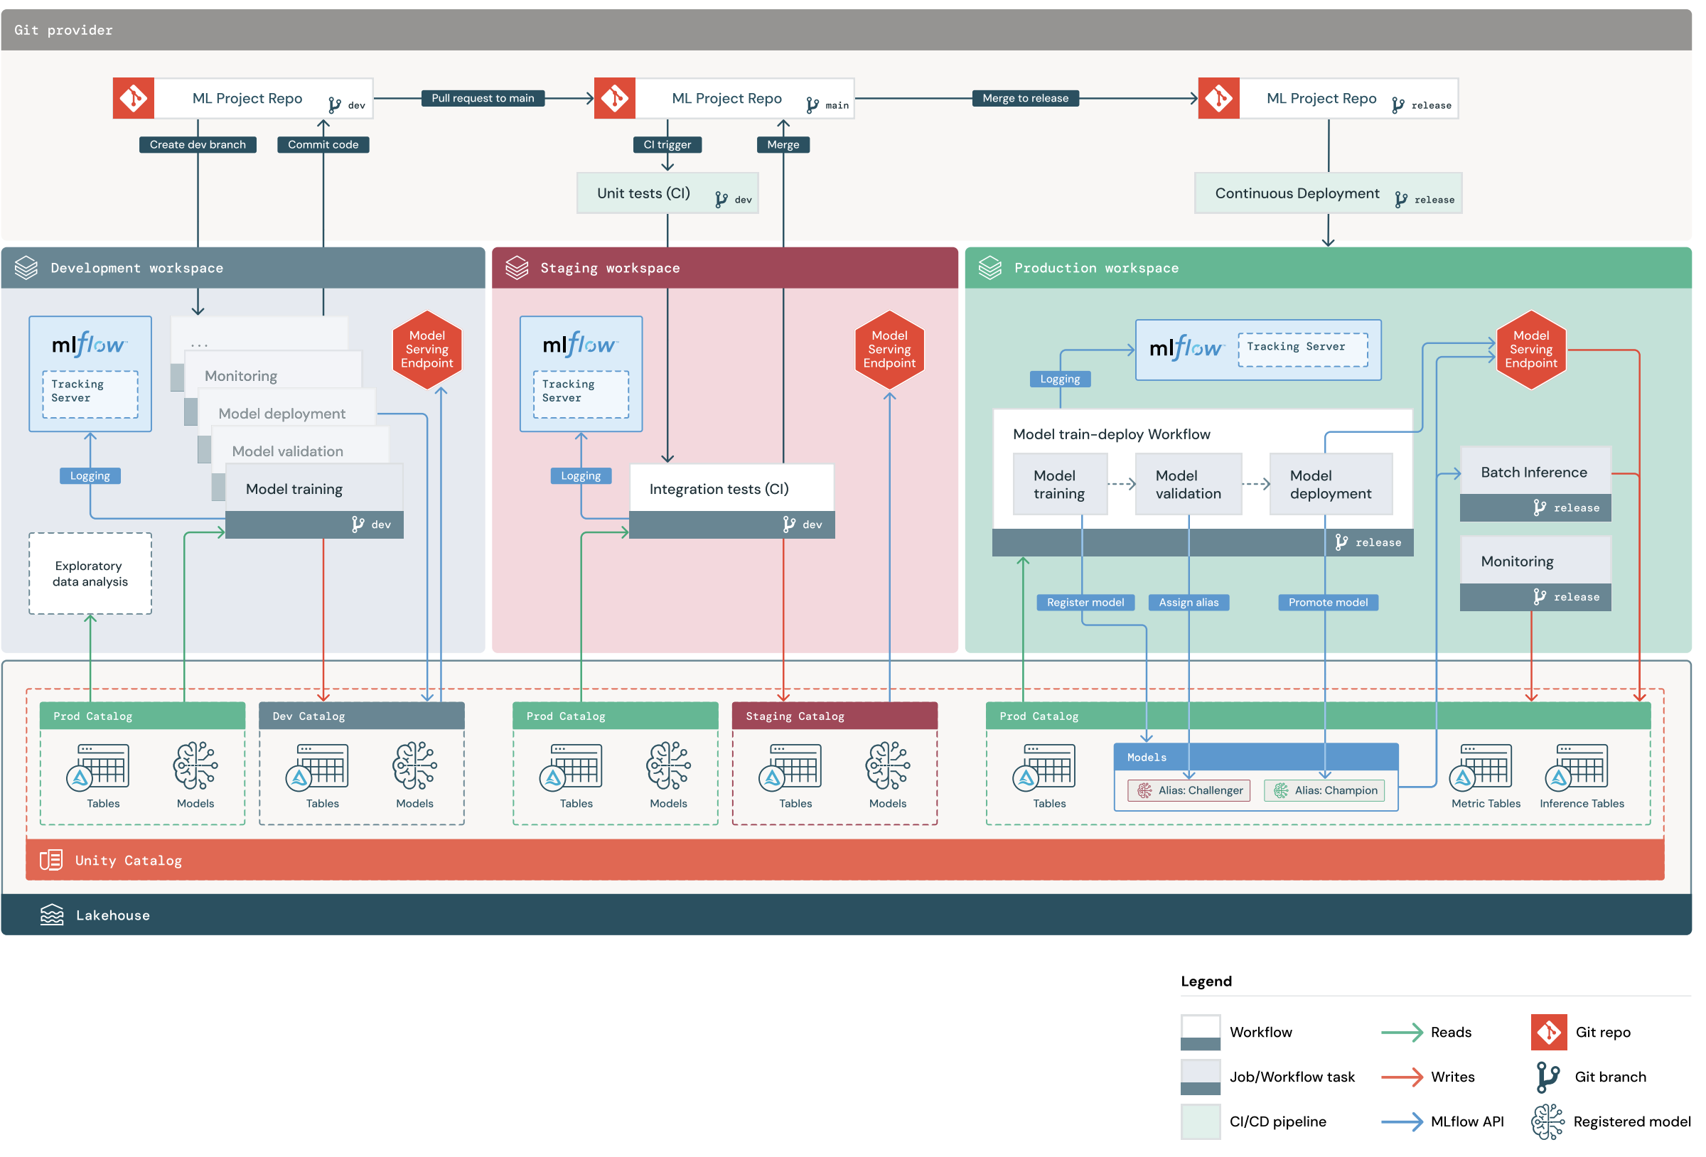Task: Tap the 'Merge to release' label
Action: [1025, 98]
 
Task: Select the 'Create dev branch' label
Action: [198, 145]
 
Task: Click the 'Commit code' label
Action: [323, 145]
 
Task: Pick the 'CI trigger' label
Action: [667, 145]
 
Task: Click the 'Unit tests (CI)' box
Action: [667, 194]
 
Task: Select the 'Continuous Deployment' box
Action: [1327, 194]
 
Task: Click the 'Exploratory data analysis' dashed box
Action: [90, 574]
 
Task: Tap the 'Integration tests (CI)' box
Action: [731, 489]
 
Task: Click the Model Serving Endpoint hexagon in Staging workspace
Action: [889, 350]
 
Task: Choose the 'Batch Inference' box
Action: [1534, 473]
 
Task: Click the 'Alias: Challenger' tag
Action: [1189, 791]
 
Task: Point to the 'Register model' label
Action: [1084, 603]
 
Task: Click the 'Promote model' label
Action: [1327, 603]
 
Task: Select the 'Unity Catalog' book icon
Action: [50, 860]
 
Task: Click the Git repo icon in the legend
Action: [1548, 1032]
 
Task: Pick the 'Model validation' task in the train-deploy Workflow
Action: [1187, 485]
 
